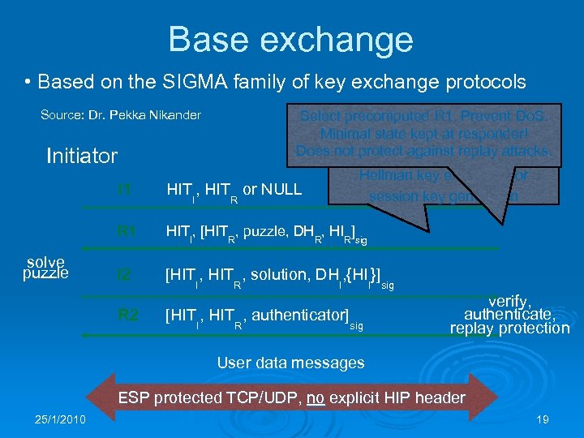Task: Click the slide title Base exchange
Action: (290, 39)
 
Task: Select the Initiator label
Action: (82, 155)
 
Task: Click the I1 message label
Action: (123, 190)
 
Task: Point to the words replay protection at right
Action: (510, 328)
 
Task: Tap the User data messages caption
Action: (290, 363)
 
